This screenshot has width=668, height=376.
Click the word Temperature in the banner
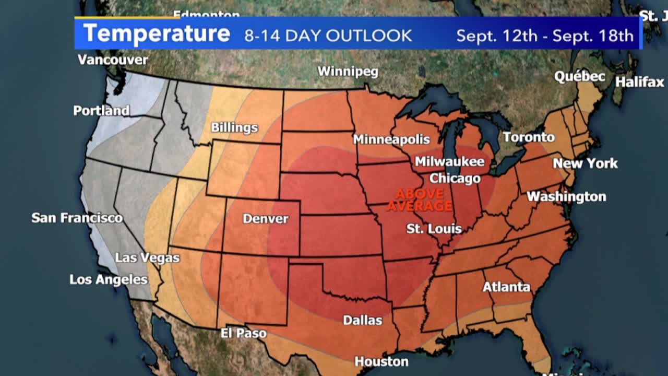(x=157, y=33)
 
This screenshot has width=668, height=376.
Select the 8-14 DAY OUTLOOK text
(x=328, y=36)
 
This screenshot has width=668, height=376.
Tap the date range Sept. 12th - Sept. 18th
(x=544, y=36)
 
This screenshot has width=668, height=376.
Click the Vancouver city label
(x=113, y=60)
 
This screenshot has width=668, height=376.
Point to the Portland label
(x=101, y=111)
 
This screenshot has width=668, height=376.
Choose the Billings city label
(x=234, y=127)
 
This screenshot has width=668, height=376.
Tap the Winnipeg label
(x=348, y=72)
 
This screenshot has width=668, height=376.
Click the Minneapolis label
(x=391, y=139)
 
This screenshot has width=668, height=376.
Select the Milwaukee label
(x=449, y=162)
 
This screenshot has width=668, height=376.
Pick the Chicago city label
(x=455, y=179)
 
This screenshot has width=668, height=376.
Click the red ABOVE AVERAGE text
(x=420, y=200)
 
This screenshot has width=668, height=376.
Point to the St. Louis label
(x=434, y=229)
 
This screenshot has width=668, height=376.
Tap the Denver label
(x=265, y=219)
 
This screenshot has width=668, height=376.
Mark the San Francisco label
(x=77, y=218)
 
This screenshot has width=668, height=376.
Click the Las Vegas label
(x=147, y=257)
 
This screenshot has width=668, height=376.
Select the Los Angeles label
(x=109, y=279)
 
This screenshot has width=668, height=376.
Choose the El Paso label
(x=243, y=333)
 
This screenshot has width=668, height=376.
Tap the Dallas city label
(x=362, y=320)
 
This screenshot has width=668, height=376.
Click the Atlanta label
(x=506, y=287)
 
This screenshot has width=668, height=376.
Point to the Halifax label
(x=639, y=82)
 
